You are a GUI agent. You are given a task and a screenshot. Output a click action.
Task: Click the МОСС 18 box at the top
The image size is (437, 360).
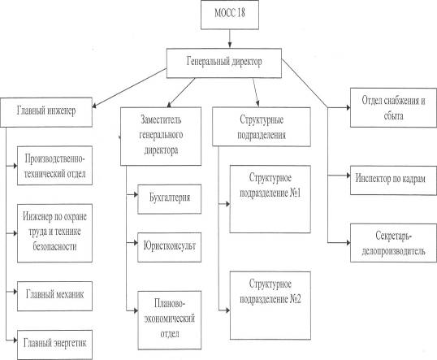click(230, 15)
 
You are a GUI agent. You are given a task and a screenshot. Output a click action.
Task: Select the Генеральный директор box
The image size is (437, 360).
click(224, 63)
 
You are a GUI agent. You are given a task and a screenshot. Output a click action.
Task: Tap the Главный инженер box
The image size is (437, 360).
click(46, 112)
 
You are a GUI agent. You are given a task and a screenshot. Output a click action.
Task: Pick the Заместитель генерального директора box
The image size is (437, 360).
click(161, 137)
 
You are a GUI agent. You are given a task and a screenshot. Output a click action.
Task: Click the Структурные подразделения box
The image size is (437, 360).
click(262, 127)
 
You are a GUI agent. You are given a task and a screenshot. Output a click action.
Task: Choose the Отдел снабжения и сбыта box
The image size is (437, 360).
click(393, 107)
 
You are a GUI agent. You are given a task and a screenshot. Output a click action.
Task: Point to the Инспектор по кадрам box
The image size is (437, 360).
click(393, 180)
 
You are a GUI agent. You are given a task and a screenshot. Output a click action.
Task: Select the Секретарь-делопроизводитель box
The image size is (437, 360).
click(393, 243)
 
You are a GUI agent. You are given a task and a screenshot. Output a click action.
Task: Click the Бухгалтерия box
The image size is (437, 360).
click(170, 199)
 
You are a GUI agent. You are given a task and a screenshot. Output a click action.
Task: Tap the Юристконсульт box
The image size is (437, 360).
click(170, 247)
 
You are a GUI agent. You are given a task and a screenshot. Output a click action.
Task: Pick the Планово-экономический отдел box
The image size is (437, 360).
click(170, 320)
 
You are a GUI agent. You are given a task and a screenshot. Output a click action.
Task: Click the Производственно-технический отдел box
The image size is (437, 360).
click(54, 165)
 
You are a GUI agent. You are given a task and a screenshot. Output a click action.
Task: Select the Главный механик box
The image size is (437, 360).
click(54, 296)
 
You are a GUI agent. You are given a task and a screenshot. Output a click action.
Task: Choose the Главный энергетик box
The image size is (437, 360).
click(54, 345)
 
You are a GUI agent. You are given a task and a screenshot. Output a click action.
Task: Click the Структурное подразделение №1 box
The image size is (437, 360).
click(270, 199)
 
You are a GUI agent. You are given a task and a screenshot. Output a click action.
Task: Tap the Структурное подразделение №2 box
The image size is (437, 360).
click(270, 306)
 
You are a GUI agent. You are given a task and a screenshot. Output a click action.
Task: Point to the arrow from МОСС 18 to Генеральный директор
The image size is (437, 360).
click(230, 39)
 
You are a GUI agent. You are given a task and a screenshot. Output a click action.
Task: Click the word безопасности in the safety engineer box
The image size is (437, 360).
click(54, 246)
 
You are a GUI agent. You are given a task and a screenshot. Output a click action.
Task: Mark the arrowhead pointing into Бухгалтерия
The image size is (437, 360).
click(136, 194)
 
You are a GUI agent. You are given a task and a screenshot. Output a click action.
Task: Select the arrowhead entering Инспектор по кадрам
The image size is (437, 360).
click(348, 176)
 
